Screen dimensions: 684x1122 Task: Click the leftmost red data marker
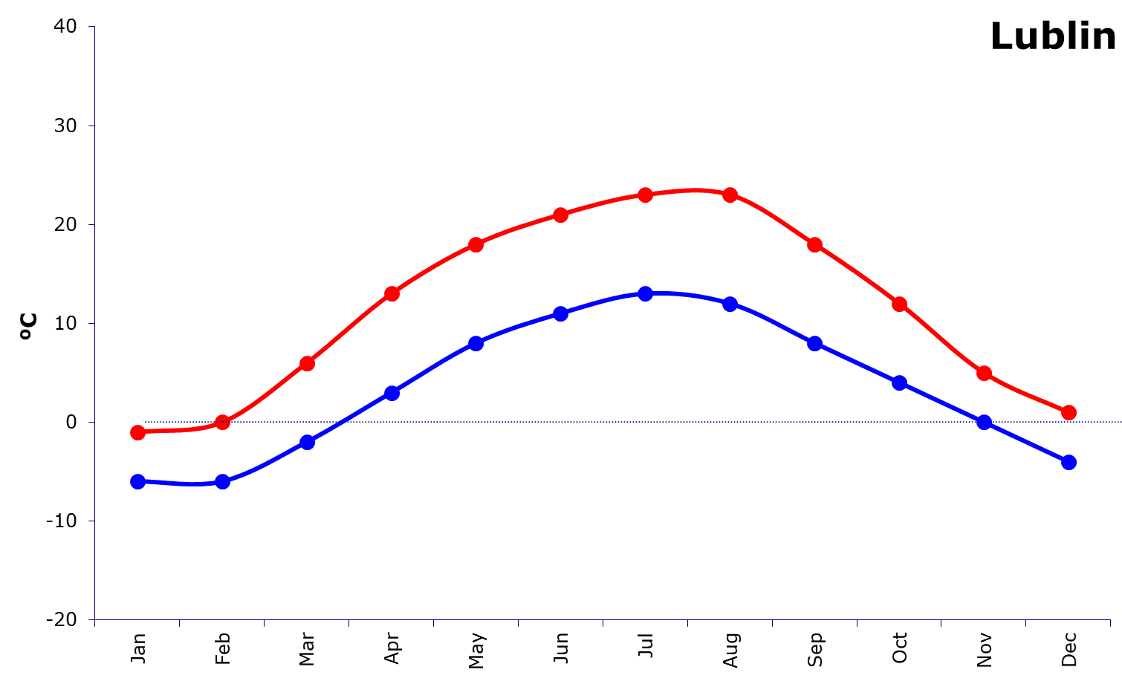pyautogui.click(x=137, y=432)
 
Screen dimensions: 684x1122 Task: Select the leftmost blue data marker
pyautogui.click(x=137, y=481)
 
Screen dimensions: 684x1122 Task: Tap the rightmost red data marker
pyautogui.click(x=1069, y=412)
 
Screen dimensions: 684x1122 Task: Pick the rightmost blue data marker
pyautogui.click(x=1069, y=462)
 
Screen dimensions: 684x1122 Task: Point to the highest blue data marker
pyautogui.click(x=645, y=293)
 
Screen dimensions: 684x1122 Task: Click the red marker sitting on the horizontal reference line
pyautogui.click(x=222, y=422)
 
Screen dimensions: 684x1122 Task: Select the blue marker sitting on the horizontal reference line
pyautogui.click(x=984, y=422)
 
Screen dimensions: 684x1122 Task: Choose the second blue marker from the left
pyautogui.click(x=222, y=481)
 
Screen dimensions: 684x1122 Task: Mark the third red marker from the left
pyautogui.click(x=307, y=363)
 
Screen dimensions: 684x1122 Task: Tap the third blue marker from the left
pyautogui.click(x=307, y=442)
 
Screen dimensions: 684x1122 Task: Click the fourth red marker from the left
pyautogui.click(x=392, y=293)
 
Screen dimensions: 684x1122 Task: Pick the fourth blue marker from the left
pyautogui.click(x=392, y=392)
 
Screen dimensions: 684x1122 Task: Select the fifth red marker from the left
pyautogui.click(x=476, y=244)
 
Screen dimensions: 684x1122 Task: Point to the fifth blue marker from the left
pyautogui.click(x=476, y=342)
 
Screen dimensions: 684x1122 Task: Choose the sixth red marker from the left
pyautogui.click(x=560, y=215)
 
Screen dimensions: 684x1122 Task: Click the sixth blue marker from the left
pyautogui.click(x=560, y=313)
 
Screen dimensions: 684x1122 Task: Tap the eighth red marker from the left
pyautogui.click(x=730, y=195)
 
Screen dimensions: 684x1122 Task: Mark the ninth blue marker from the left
pyautogui.click(x=814, y=342)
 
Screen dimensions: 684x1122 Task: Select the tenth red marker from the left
pyautogui.click(x=899, y=304)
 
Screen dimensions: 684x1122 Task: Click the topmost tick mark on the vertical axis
pyautogui.click(x=91, y=27)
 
